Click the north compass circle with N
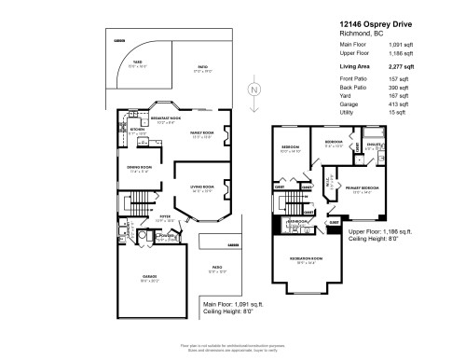[x=251, y=90]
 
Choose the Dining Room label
[x=139, y=169]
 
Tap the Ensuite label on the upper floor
[x=373, y=145]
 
